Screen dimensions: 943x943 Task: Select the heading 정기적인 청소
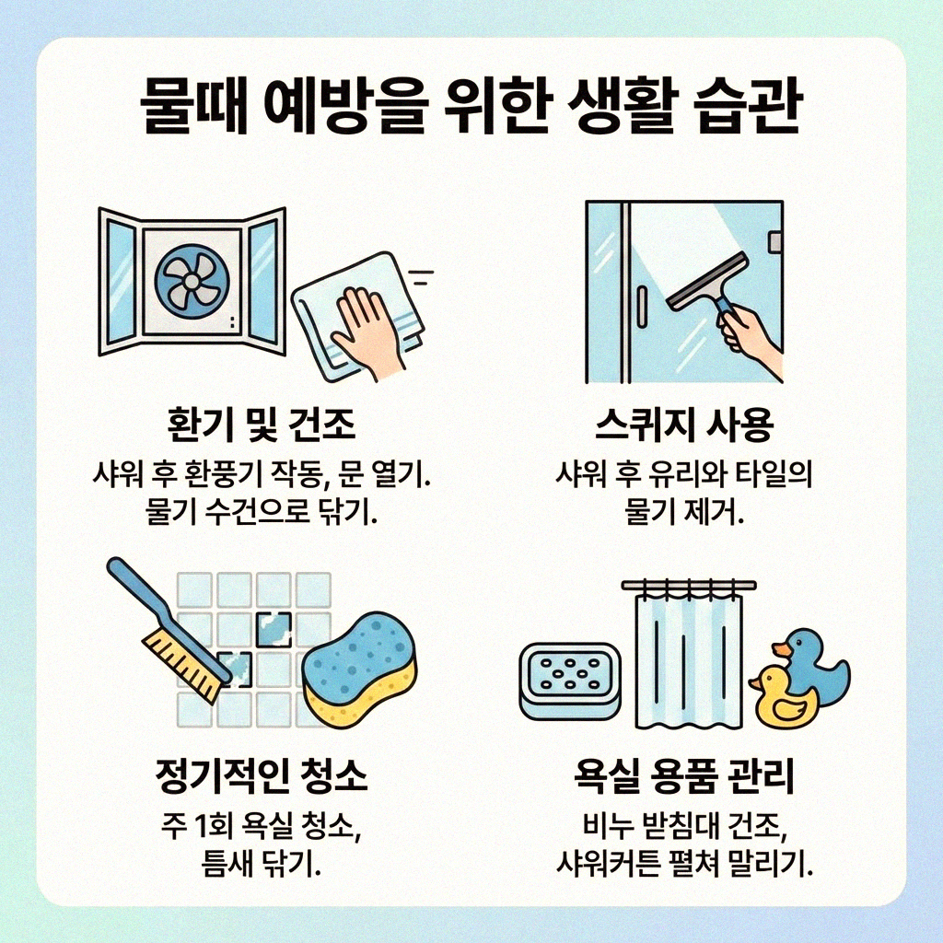pos(261,779)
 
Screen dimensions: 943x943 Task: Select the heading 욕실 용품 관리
pos(682,779)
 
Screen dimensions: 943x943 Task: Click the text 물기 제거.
pos(682,513)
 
